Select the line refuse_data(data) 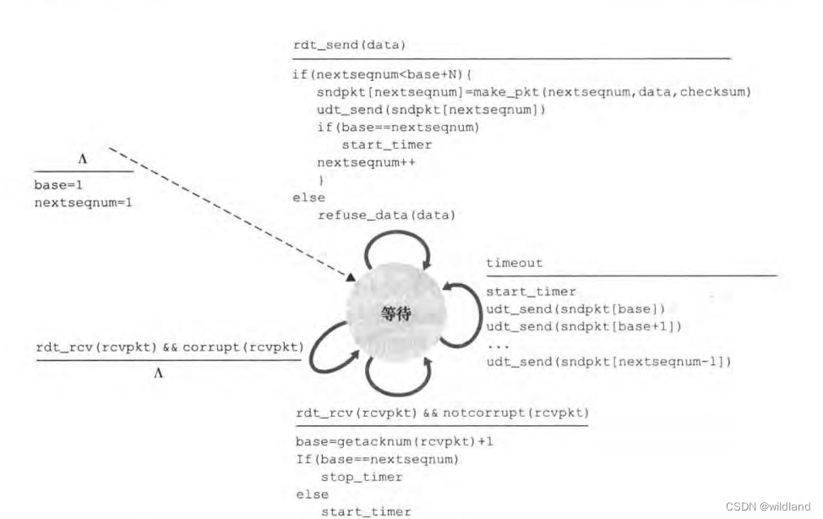coord(386,215)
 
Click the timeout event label coord(514,263)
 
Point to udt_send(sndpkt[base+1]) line coord(584,326)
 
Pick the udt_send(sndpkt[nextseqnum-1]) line coord(608,362)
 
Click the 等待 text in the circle coord(395,314)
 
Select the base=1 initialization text coord(59,185)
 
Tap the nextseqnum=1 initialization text coord(83,203)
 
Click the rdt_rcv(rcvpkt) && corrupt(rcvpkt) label coord(169,347)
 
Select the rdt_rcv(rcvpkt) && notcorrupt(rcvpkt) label coord(442,412)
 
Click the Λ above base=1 coord(82,158)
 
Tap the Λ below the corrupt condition coord(158,373)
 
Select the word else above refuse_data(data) coord(308,198)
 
